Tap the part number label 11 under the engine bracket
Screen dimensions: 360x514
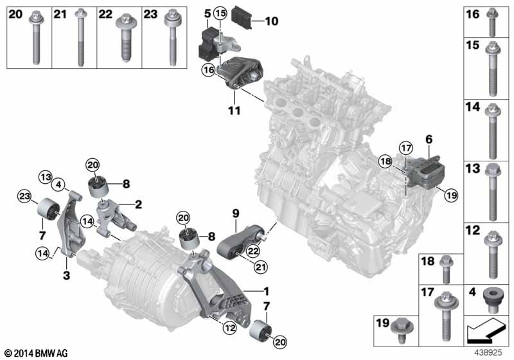click(x=234, y=111)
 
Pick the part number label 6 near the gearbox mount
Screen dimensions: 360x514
click(x=428, y=138)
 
